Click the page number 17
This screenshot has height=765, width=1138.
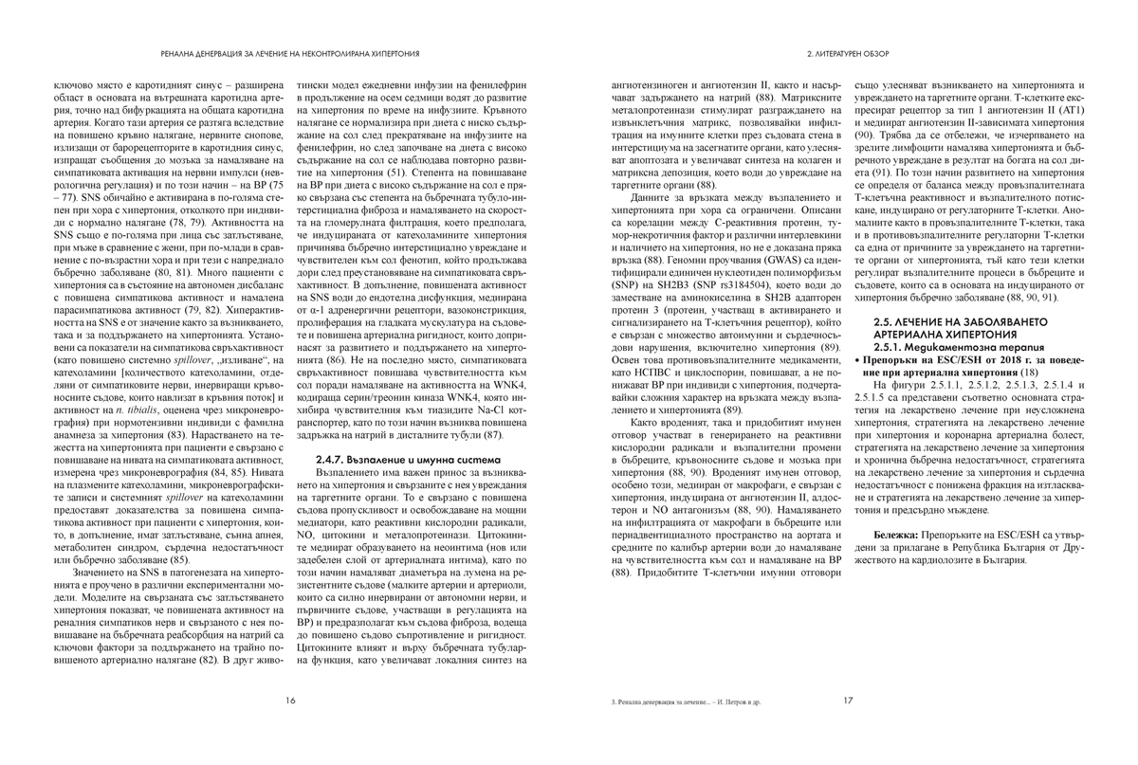(x=847, y=701)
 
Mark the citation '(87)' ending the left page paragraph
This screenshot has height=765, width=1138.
(x=491, y=433)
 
